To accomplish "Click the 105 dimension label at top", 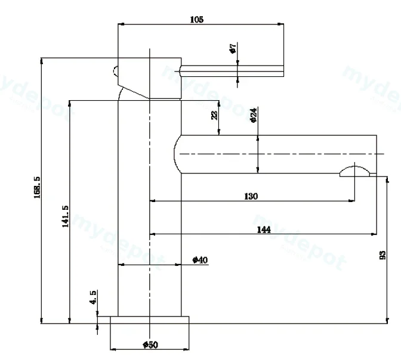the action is point(197,20).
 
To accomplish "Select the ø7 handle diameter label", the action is point(233,48).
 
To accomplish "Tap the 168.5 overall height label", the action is point(37,187).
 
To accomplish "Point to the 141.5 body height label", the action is point(65,216).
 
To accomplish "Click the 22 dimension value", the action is point(215,115).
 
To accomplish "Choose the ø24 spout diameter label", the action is point(254,115).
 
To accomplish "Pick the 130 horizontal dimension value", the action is point(251,196).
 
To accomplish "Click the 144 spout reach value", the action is point(264,229).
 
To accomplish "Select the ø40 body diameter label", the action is point(200,260).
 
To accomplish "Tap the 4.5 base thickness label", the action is point(93,297).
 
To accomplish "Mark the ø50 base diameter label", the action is point(150,345).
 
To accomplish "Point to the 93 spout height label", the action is point(383,255).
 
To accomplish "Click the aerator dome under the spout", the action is point(354,171).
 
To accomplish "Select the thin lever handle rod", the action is point(232,71).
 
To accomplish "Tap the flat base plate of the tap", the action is point(150,320).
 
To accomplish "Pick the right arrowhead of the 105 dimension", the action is point(281,24).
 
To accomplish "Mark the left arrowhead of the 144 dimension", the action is point(153,234).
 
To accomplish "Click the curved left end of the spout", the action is point(175,154).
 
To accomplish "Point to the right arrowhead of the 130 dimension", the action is point(351,201).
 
